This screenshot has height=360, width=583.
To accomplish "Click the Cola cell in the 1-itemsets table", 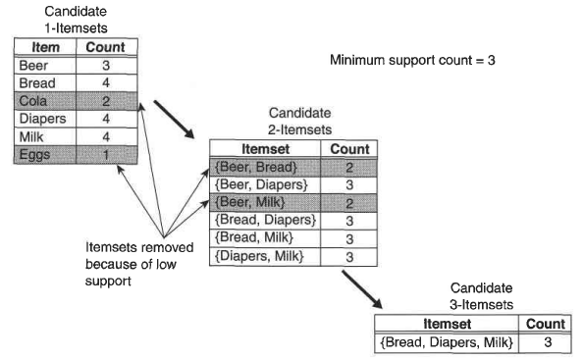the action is [x=45, y=101].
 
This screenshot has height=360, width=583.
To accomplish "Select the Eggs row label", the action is [x=45, y=155].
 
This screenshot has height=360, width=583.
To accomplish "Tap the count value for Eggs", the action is [x=106, y=155].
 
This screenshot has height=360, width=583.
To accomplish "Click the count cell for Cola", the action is [x=106, y=101].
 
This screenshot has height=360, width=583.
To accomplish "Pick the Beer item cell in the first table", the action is [x=45, y=66].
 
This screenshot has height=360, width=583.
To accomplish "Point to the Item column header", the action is [x=45, y=47].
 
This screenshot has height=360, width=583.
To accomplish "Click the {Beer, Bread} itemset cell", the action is [x=265, y=167].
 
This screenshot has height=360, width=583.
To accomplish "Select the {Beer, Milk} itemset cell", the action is [x=265, y=203].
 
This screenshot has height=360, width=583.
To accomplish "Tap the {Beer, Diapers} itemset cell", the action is [x=265, y=185].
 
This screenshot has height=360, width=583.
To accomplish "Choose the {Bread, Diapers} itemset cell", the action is [x=265, y=221].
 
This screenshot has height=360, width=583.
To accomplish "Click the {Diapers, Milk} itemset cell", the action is [x=265, y=256].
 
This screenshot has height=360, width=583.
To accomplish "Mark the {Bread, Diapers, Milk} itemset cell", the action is [x=447, y=342].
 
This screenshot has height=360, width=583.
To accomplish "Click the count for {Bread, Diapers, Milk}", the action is [x=545, y=342].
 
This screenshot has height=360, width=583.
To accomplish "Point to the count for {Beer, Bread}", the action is [x=349, y=167].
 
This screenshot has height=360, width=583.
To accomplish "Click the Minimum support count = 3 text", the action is [x=412, y=60].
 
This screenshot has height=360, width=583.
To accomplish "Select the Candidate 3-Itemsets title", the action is [x=482, y=296].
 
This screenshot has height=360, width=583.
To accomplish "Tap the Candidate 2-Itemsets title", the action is [x=299, y=121].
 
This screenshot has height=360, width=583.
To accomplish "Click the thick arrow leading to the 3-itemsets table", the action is [x=362, y=289].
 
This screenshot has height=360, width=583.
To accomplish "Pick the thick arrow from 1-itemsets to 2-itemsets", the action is [x=175, y=120].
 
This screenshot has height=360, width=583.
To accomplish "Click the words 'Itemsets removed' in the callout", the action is [x=139, y=247].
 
